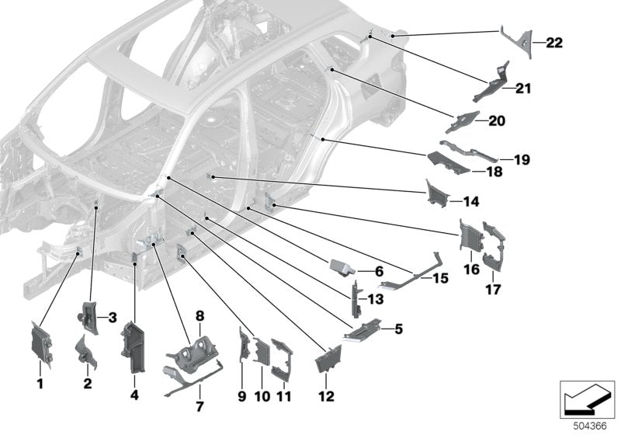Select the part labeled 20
point(465,121)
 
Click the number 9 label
point(241,397)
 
